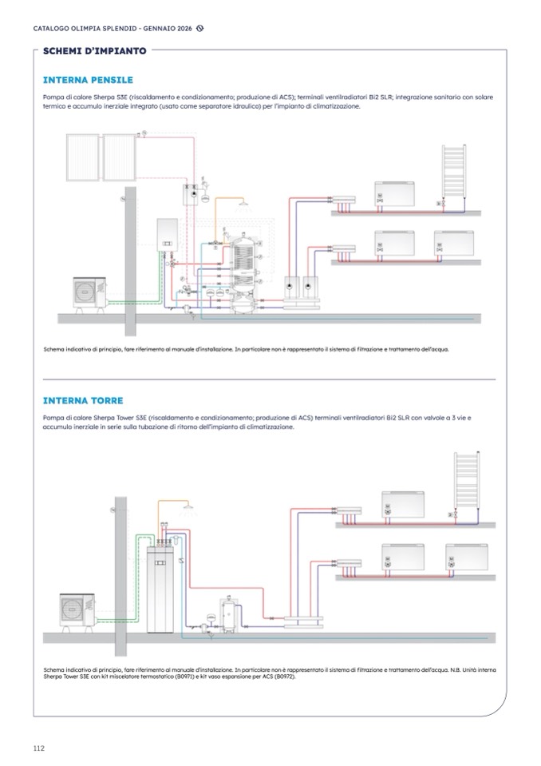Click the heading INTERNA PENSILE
(88, 80)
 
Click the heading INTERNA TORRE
(83, 400)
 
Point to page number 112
(39, 748)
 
